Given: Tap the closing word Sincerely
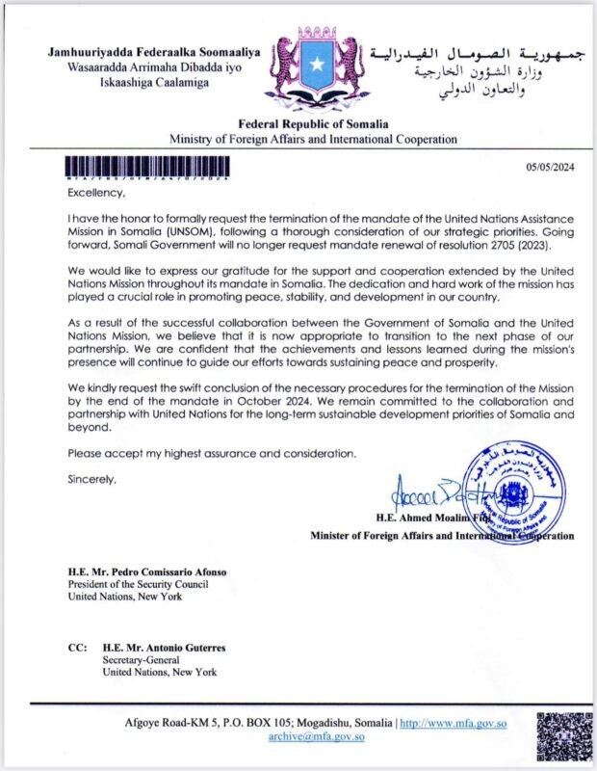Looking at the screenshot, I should [91, 477].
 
